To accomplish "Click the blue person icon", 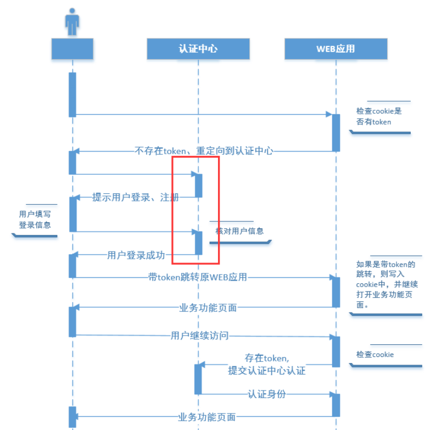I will coord(72,21).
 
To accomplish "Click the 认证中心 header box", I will coord(198,49).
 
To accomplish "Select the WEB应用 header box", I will coord(336,49).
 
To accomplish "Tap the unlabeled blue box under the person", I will coord(72,49).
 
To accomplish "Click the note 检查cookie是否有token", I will coord(379,116).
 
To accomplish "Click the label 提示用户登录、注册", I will coord(135,197).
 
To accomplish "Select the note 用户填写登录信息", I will coord(35,220).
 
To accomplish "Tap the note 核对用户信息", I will coord(239,231).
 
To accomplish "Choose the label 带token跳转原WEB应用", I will coord(198,277).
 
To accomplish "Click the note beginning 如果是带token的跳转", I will coord(387,284).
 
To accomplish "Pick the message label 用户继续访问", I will coord(199,336).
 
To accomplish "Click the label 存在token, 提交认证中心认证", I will coord(267,364).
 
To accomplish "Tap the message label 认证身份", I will coord(267,394).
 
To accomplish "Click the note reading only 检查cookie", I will coord(375,355).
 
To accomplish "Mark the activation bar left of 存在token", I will coord(198,379).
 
